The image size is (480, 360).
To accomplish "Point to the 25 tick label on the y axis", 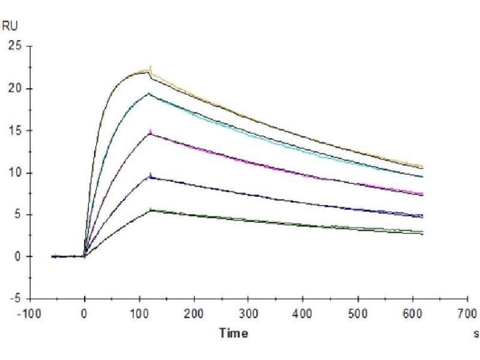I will (14, 46).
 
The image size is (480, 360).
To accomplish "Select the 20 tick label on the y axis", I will (14, 89).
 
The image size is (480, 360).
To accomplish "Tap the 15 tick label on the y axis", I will (14, 131).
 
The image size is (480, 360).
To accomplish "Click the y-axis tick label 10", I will (14, 173).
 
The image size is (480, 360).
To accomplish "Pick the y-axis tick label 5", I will (17, 215).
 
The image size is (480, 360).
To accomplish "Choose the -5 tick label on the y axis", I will (16, 299).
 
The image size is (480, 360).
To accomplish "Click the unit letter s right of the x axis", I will (476, 334).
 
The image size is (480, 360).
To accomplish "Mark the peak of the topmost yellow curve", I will (149, 67).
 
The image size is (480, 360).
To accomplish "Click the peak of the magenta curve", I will (150, 131).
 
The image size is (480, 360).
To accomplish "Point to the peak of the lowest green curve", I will (151, 209).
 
